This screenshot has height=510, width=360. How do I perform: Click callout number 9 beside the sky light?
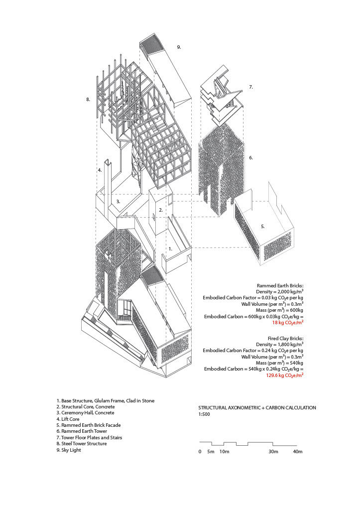click(x=179, y=47)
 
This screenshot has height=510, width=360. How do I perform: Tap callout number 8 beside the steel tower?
click(x=88, y=100)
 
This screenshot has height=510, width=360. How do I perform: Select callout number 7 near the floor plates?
click(x=251, y=87)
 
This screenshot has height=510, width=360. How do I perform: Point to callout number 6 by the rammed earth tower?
click(x=251, y=158)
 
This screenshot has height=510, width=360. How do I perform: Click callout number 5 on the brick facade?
click(x=263, y=226)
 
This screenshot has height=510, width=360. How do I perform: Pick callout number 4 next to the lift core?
click(x=100, y=170)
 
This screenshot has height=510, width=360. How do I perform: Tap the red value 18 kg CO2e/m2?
click(x=288, y=323)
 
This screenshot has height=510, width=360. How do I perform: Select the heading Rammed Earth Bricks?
click(x=280, y=285)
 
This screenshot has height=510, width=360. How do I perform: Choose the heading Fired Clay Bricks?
click(x=283, y=337)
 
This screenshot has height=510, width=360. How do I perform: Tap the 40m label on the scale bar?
click(x=297, y=452)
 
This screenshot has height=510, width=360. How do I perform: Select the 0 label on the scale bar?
click(x=200, y=452)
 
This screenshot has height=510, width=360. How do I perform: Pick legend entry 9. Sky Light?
click(x=76, y=450)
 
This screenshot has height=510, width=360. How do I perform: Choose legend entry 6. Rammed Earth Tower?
click(x=86, y=431)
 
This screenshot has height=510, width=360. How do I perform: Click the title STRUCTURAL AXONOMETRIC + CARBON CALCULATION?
click(x=257, y=407)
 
